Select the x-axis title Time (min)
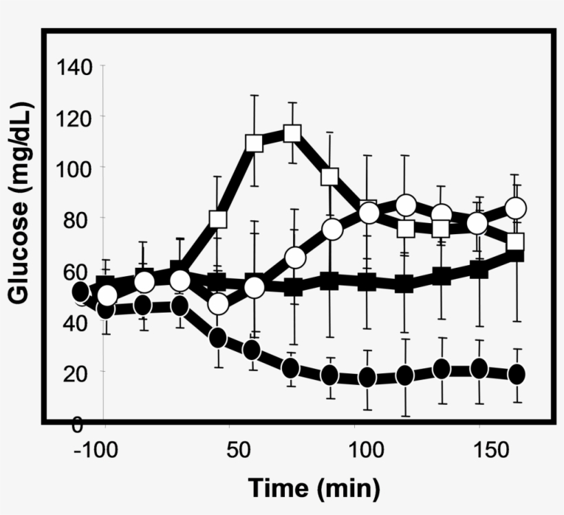pos(314,488)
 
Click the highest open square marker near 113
pos(292,133)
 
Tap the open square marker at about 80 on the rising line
pos(218,220)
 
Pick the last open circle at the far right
pos(516,208)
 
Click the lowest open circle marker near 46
pos(218,304)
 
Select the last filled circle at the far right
pos(516,374)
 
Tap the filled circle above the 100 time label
pos(367,377)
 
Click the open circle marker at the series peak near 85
pos(406,205)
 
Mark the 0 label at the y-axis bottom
pos(78,425)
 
